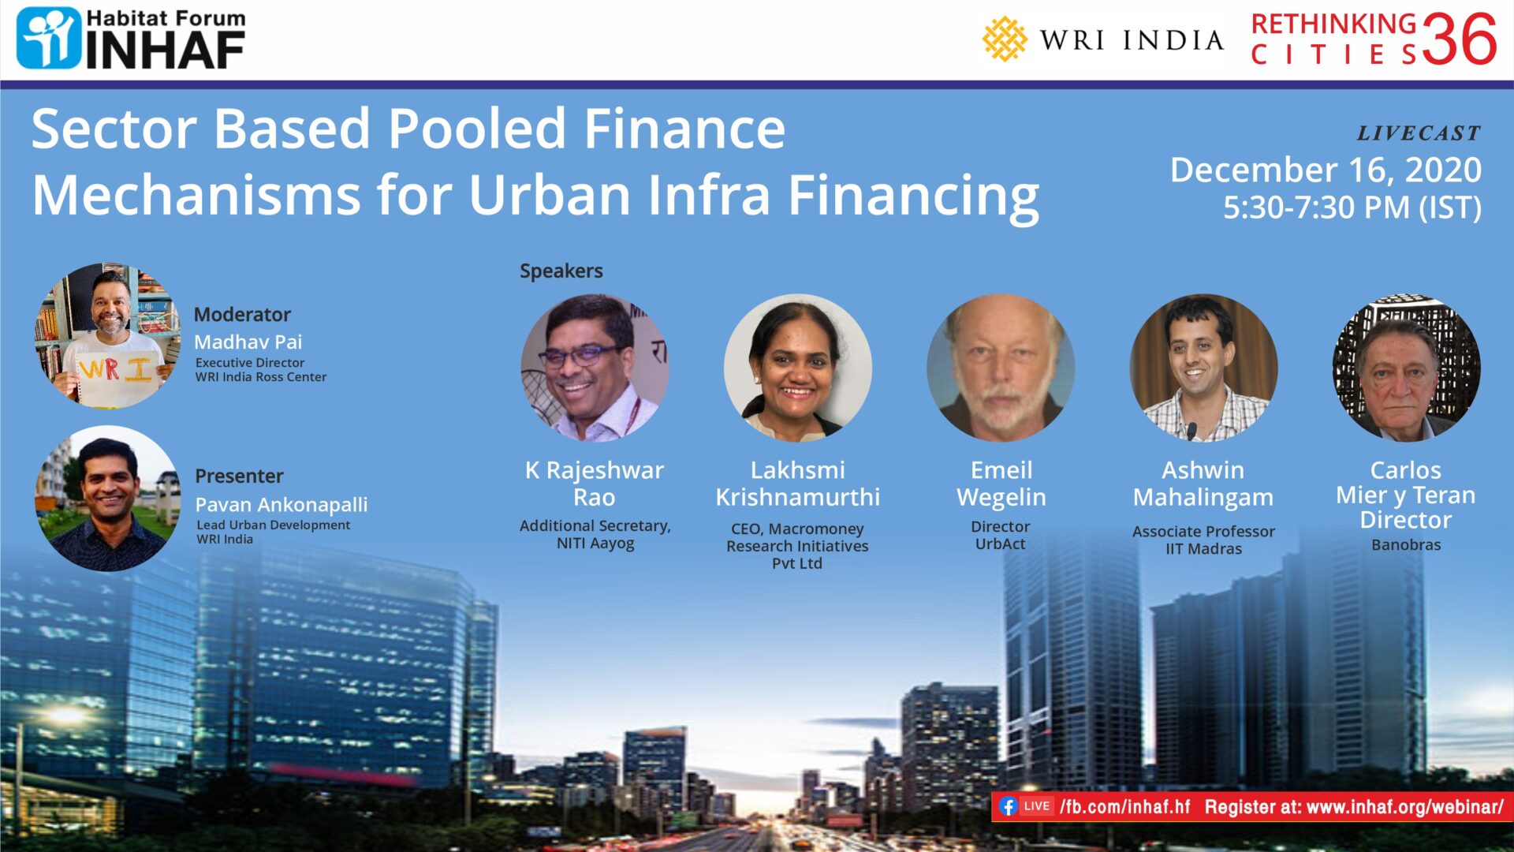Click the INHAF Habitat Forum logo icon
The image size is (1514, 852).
point(49,38)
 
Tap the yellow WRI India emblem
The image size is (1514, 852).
point(1004,39)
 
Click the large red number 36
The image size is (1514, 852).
point(1459,40)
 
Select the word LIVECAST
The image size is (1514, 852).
point(1419,133)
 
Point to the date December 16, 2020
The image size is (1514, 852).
point(1326,170)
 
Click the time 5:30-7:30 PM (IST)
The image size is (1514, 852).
point(1352,207)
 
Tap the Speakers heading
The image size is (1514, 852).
point(561,271)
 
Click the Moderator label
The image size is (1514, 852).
point(242,314)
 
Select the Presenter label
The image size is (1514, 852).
point(239,476)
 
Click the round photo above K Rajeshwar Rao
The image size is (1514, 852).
point(595,368)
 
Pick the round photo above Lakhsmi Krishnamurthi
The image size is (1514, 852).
point(797,368)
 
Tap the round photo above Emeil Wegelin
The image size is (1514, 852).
point(1001,368)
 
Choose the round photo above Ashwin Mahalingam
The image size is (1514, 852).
point(1203,368)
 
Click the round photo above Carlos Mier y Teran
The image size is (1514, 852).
point(1406,368)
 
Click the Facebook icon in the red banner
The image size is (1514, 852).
point(1007,806)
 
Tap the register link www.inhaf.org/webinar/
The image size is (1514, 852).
point(1404,807)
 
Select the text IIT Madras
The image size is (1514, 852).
point(1203,549)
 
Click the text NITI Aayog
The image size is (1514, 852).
point(595,544)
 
